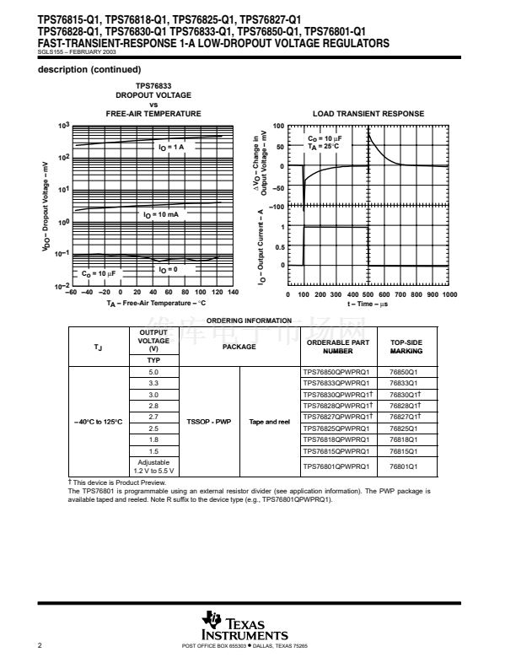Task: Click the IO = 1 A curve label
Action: (177, 147)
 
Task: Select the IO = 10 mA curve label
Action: (161, 215)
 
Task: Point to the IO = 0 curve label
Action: (169, 269)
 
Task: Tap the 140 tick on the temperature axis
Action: (233, 294)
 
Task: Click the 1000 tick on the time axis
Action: (449, 294)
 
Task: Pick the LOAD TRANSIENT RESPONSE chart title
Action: (368, 114)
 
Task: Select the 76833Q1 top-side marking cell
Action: (409, 383)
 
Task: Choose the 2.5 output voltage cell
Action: (153, 428)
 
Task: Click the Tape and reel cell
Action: (269, 420)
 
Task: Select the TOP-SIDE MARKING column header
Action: (407, 347)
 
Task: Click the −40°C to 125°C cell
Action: (97, 420)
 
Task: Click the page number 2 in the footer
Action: (40, 645)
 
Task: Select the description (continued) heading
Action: (90, 69)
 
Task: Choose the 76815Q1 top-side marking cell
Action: (409, 451)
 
